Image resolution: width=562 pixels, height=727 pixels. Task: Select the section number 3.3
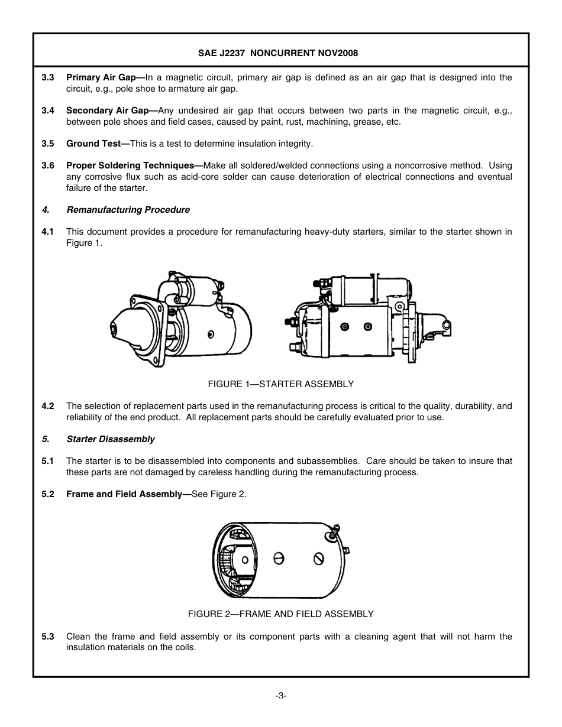[x=48, y=77]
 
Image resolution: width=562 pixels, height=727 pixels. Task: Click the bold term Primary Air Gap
[x=101, y=77]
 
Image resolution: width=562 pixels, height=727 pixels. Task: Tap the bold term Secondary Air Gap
[x=107, y=111]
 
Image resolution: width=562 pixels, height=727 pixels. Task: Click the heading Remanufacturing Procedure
[x=128, y=210]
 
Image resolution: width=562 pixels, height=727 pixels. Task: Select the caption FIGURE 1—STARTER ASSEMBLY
[x=280, y=384]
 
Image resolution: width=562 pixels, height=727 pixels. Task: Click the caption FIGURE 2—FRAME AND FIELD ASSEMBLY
[x=280, y=614]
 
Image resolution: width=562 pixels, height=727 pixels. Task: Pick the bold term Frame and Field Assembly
[x=124, y=494]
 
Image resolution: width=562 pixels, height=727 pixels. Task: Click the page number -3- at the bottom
[x=280, y=696]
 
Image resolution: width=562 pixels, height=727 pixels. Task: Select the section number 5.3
[x=48, y=637]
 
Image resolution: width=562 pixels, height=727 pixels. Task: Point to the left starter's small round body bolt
[x=211, y=335]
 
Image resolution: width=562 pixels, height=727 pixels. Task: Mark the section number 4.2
[x=48, y=406]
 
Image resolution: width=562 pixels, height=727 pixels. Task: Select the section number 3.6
[x=48, y=165]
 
